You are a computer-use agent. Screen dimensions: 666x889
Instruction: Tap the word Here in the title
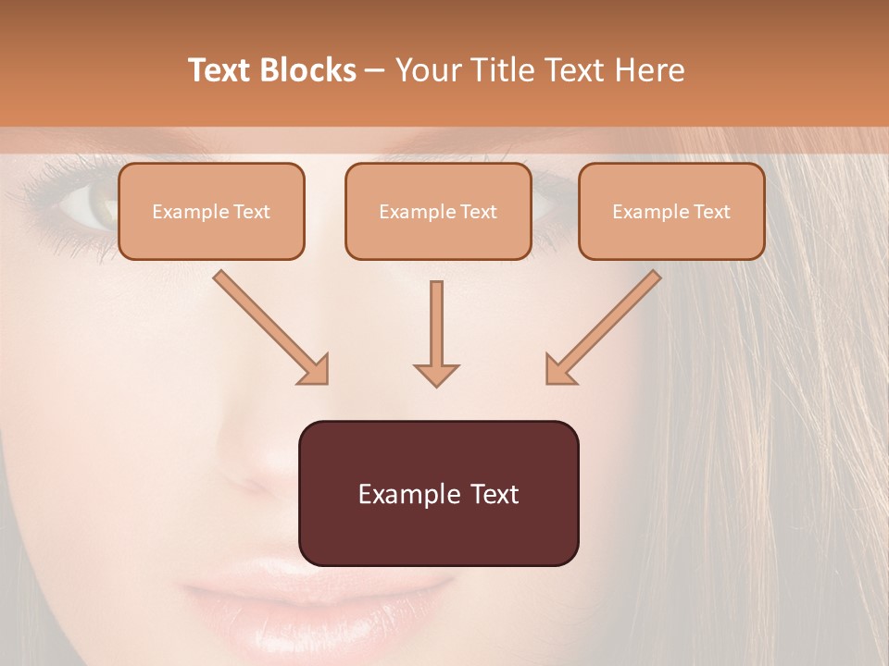tap(647, 70)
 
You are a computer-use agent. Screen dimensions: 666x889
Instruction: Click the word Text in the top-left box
tap(252, 212)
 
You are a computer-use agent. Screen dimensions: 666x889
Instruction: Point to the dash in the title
tap(375, 70)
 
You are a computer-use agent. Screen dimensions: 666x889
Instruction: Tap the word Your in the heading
tap(427, 70)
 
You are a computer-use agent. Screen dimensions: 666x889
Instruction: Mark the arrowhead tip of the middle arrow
tap(436, 385)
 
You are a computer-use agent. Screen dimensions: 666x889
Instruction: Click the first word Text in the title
tap(220, 70)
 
